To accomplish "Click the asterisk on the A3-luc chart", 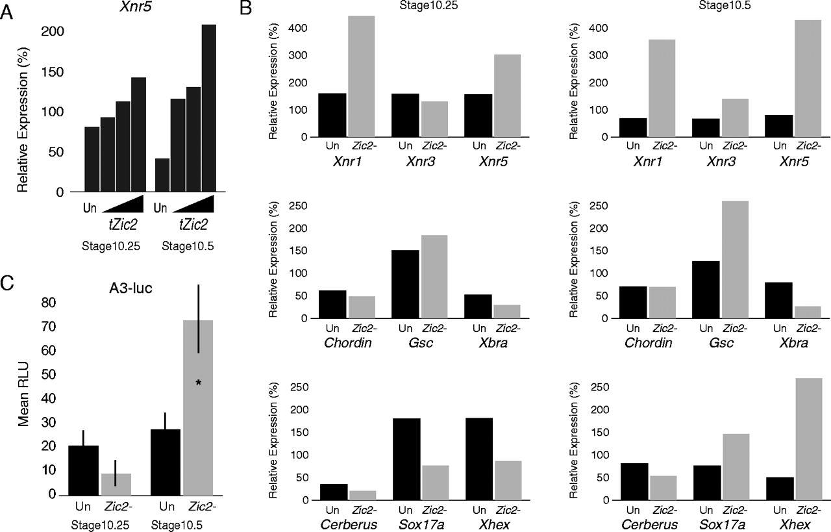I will pos(199,383).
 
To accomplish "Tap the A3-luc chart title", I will pos(130,286).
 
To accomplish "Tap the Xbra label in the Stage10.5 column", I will pos(795,342).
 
